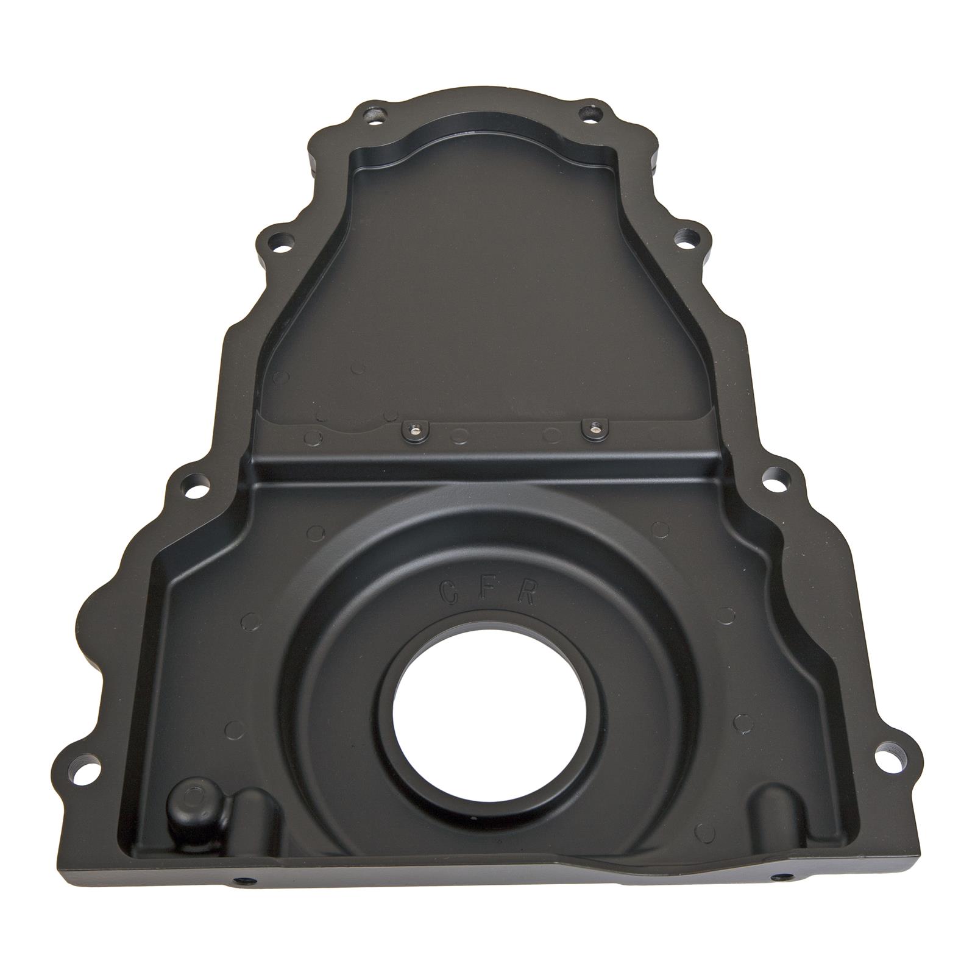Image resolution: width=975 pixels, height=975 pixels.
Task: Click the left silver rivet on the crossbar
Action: [x=413, y=430]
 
